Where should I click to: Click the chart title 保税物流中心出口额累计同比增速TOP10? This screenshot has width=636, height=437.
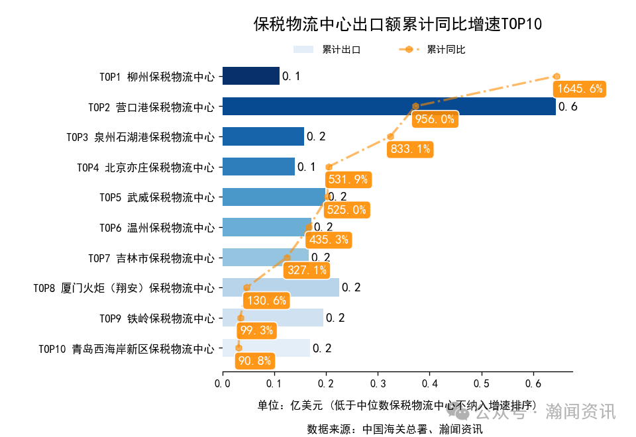tap(397, 24)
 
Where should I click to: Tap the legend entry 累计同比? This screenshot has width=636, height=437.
tap(433, 50)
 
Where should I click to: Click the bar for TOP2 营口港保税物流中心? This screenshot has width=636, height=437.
tap(389, 106)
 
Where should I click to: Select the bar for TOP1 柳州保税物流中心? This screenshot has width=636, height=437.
tap(250, 76)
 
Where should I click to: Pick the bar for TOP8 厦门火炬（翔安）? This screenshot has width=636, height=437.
tap(280, 287)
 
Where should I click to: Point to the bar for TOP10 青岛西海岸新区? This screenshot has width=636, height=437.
tap(266, 348)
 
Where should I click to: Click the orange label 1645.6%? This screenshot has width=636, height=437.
tap(580, 89)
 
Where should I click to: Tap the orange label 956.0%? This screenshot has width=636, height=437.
tap(435, 119)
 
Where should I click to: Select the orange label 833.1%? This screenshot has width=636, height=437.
tap(410, 149)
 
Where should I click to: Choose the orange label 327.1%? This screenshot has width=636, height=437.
tap(307, 270)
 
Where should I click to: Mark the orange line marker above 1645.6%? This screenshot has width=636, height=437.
tap(557, 76)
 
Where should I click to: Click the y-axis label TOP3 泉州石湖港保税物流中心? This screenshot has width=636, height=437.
tap(140, 137)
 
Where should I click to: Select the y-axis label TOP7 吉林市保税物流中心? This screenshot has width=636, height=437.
tap(151, 258)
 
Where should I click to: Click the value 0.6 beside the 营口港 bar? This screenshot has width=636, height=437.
tap(568, 107)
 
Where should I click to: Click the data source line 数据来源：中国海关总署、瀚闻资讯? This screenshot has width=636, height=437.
tap(394, 428)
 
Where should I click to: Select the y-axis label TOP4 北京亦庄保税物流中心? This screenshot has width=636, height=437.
tap(146, 167)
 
